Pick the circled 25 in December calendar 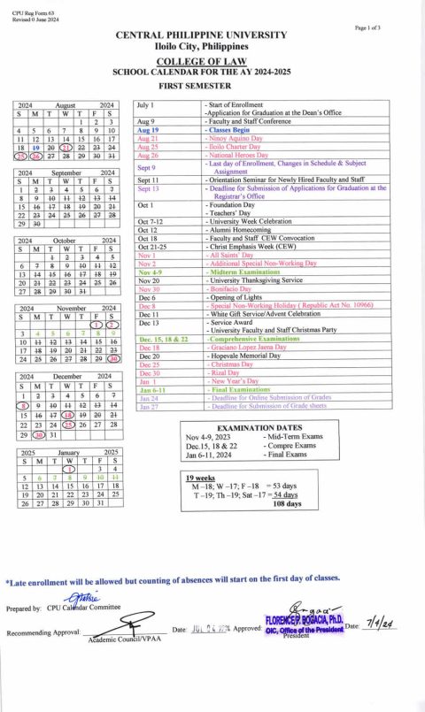(x=81, y=425)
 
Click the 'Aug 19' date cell (x=147, y=129)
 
